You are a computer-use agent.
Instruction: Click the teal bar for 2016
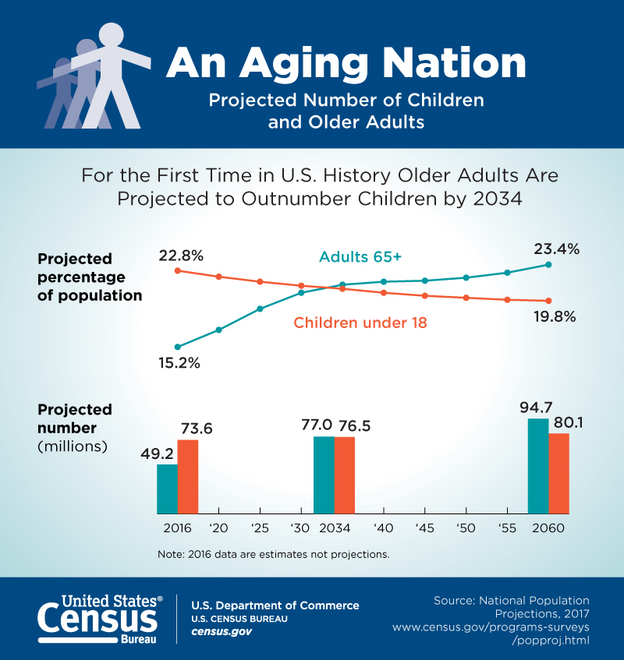click(167, 489)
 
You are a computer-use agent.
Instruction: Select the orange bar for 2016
click(188, 476)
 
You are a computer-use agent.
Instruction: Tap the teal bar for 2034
click(324, 475)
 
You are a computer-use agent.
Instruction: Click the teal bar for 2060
click(538, 466)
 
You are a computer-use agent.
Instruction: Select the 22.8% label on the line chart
click(181, 256)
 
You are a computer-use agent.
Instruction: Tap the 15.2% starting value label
click(179, 362)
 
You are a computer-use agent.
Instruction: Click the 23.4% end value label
click(556, 249)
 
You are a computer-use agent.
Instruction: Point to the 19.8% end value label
click(555, 316)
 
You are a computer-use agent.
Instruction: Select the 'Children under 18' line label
click(360, 322)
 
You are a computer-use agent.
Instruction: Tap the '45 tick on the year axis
click(424, 528)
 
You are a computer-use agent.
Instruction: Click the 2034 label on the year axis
click(335, 528)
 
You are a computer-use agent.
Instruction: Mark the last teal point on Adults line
click(548, 265)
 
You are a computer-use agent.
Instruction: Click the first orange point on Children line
click(178, 270)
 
